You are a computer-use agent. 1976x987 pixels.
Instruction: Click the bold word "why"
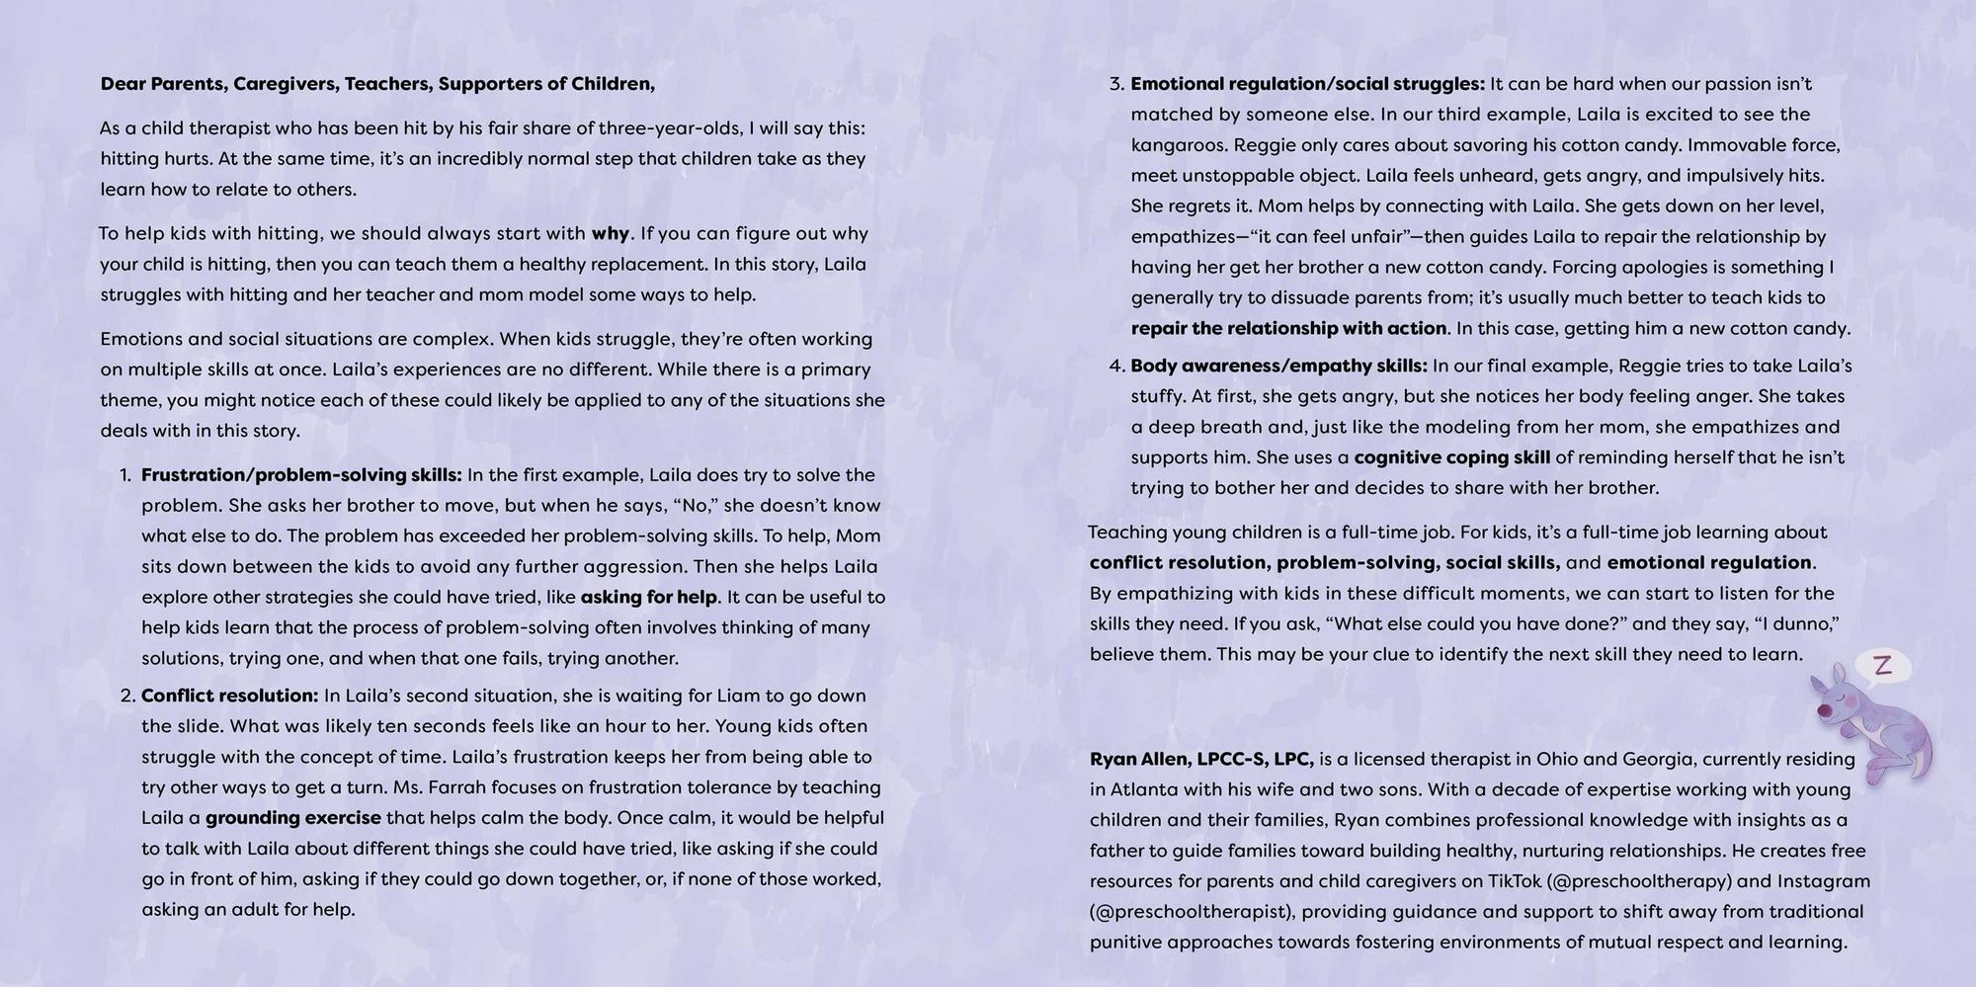tap(610, 234)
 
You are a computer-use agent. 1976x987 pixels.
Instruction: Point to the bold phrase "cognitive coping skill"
tap(1451, 457)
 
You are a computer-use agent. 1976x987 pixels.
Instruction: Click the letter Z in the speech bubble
tap(1882, 666)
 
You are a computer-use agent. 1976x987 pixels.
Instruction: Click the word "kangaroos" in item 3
tap(1176, 145)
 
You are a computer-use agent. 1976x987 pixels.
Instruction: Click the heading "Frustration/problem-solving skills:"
tap(301, 475)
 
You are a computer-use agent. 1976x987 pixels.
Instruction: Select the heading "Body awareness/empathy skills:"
tap(1278, 366)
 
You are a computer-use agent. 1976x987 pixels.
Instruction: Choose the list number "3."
tap(1116, 84)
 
